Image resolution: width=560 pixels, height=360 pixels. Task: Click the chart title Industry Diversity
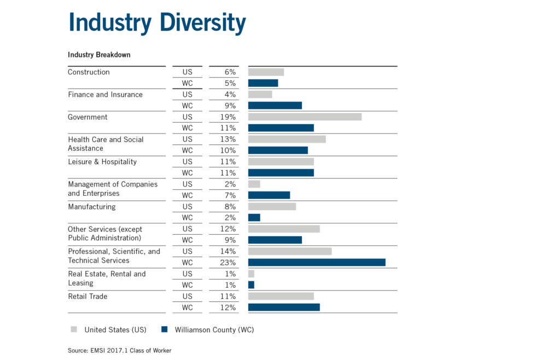[157, 24]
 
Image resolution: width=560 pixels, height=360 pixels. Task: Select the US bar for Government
[305, 117]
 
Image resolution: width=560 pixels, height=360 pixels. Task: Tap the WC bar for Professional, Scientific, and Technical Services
[317, 263]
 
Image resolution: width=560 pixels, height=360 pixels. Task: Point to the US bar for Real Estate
[251, 274]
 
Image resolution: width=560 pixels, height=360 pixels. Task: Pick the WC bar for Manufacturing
[254, 218]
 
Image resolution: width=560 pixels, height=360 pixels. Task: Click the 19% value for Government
[230, 117]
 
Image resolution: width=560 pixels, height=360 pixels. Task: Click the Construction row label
[89, 72]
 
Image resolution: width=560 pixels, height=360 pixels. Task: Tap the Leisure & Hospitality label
[102, 162]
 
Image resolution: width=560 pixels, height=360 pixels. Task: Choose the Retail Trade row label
[87, 297]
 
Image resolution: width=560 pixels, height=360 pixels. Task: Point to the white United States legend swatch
[74, 330]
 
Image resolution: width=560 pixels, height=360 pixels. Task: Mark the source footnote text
[119, 350]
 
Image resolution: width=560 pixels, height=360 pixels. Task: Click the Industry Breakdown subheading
[98, 55]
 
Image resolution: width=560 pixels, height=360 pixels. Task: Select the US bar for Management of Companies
[254, 184]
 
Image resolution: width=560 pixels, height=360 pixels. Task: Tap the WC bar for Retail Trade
[284, 307]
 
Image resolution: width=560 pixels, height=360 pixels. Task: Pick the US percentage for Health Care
[230, 140]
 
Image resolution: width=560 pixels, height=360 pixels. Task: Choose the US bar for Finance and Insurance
[260, 95]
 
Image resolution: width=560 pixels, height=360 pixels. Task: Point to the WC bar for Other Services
[275, 240]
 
